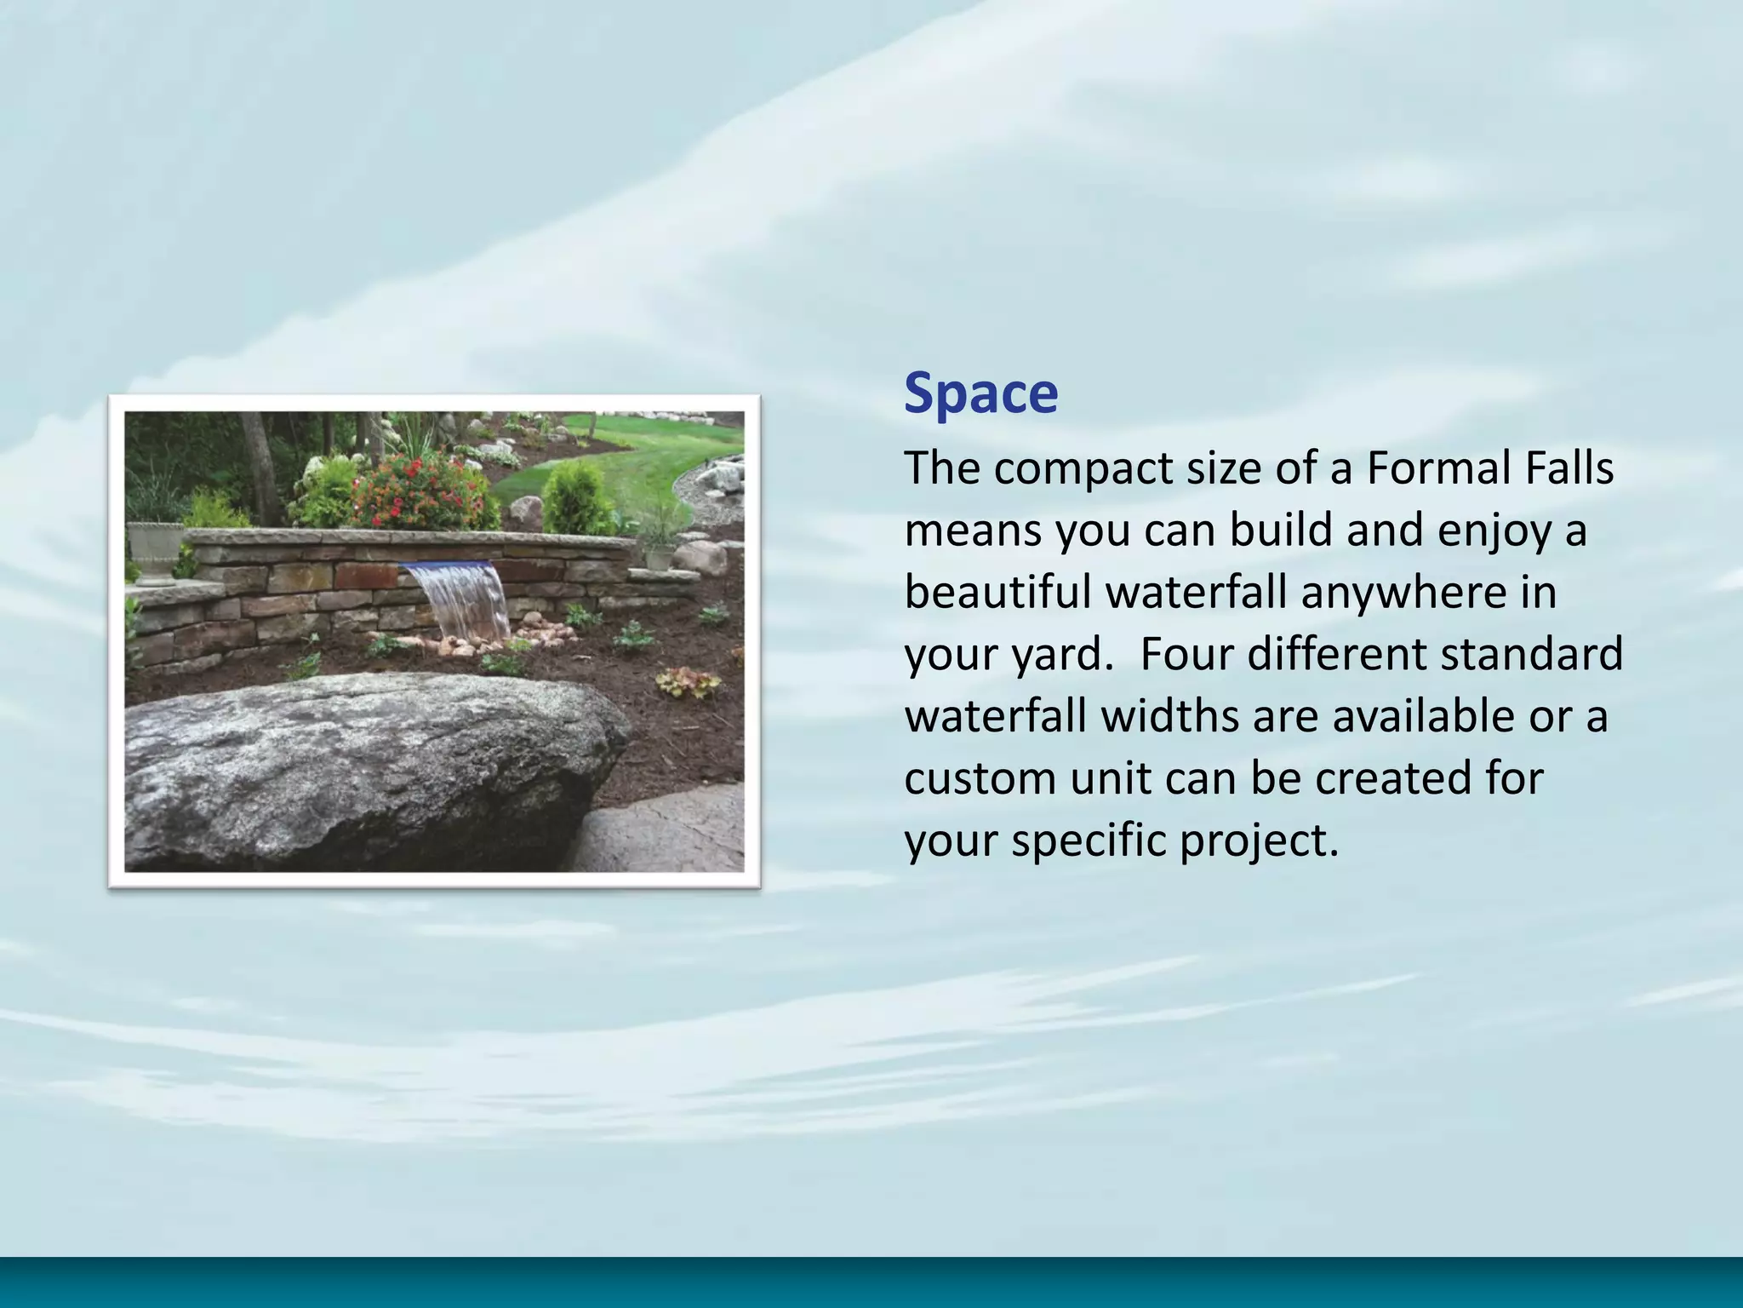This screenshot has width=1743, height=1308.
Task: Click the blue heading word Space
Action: [x=980, y=393]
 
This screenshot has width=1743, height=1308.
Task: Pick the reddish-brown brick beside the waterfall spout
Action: [x=364, y=577]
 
